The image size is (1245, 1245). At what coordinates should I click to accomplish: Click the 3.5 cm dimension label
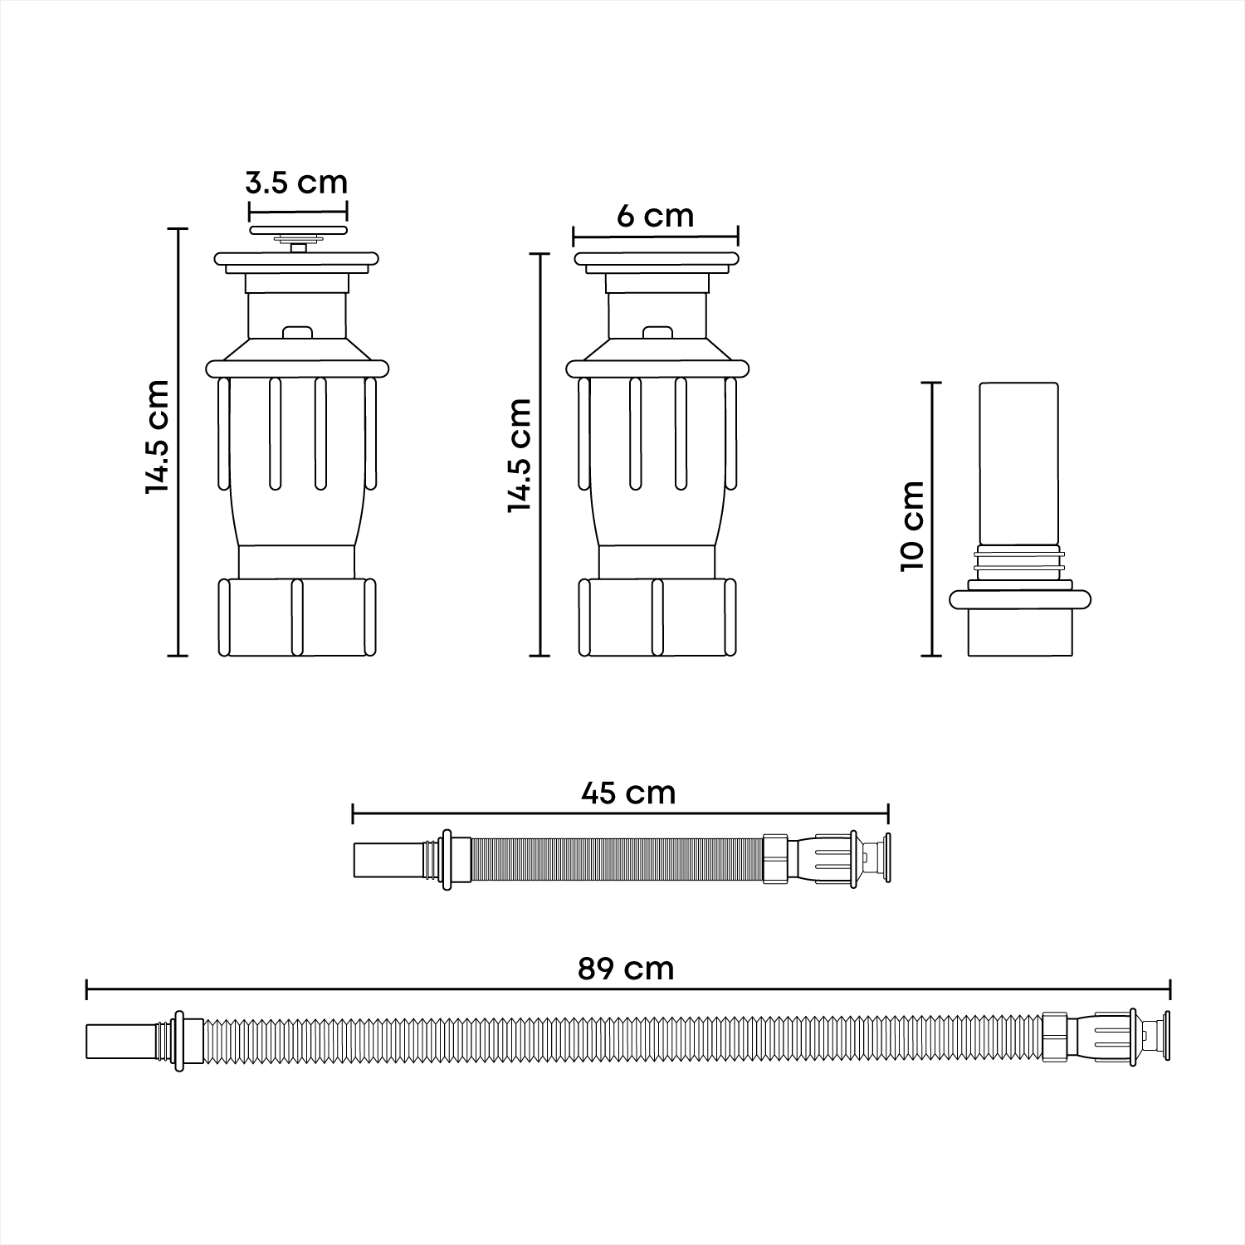296,182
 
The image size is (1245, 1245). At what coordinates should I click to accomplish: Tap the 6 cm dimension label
655,216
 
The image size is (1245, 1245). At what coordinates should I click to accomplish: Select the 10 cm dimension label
912,525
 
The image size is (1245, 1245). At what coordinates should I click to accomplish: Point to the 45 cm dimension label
628,793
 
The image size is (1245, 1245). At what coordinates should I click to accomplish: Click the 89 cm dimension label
626,969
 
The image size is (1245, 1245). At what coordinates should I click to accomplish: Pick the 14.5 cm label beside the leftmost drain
157,437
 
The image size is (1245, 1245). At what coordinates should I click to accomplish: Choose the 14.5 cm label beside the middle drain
520,454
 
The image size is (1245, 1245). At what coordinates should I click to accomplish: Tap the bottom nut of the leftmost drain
296,618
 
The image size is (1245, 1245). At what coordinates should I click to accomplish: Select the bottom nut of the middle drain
657,618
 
